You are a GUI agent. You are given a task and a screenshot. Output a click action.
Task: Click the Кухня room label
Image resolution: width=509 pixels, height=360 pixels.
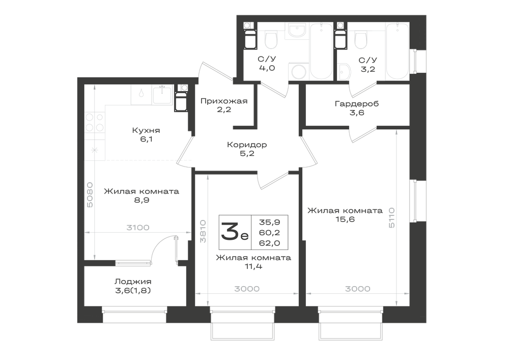pos(146,130)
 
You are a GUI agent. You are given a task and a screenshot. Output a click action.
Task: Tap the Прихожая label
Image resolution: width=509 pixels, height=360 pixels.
pos(224,101)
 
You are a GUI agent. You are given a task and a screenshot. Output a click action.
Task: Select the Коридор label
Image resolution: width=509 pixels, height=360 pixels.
pos(247,145)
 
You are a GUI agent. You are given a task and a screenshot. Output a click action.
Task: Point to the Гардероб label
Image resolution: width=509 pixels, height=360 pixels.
pos(357,104)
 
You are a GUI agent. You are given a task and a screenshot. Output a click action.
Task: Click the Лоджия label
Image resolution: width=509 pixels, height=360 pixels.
pos(133,282)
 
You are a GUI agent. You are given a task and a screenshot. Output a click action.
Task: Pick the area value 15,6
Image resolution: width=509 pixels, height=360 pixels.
pos(345,219)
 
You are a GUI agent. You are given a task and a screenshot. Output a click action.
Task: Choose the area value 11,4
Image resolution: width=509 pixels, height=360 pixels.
pos(253,266)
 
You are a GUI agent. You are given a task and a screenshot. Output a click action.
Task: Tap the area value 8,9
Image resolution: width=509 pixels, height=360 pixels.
pos(142,200)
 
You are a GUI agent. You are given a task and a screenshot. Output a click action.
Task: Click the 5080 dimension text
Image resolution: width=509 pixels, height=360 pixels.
pos(90,195)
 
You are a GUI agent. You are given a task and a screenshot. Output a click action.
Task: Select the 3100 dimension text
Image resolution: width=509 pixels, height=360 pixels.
pos(137,228)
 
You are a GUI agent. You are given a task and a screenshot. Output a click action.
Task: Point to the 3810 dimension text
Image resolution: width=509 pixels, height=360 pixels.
pos(203,232)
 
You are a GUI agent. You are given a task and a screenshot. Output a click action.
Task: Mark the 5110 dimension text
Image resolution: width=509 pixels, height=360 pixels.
pos(391,217)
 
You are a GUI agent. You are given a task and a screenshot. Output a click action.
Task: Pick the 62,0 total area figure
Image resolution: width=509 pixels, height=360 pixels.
pos(269,243)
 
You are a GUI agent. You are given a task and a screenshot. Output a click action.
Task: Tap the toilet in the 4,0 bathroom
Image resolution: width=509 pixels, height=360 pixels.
pos(271,39)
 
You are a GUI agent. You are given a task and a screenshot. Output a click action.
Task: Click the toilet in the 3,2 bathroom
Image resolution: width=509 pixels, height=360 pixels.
pos(361,39)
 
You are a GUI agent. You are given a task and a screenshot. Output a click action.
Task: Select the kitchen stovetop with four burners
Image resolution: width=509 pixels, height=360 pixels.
pos(95,122)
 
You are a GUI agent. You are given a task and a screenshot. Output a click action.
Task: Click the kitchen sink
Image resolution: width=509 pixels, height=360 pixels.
pos(162,95)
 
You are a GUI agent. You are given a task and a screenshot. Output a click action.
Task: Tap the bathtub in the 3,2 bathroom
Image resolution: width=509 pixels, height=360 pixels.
pos(398,51)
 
